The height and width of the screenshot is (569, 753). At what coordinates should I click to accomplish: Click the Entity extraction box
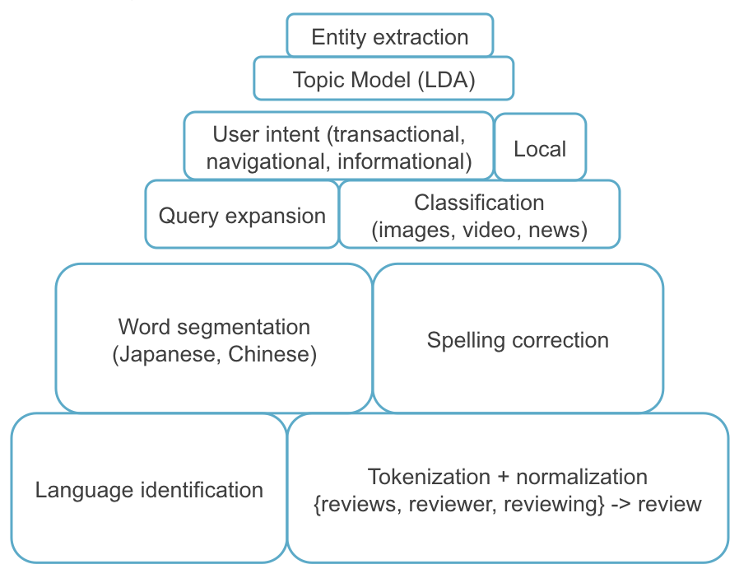pos(389,37)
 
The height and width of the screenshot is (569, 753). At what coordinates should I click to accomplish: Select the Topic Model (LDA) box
pos(383,80)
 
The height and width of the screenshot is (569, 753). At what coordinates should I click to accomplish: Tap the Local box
pos(540,149)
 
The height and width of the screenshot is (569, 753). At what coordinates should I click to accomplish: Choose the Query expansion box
pos(242,216)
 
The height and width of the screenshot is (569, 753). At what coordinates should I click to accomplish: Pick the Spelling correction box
pos(518,340)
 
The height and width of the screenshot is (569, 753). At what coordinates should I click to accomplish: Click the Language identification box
pos(149,491)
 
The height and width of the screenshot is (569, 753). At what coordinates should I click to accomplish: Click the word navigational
pos(267,162)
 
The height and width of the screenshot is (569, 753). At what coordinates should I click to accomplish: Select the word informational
pos(404,162)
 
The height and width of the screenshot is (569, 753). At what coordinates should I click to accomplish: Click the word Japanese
pos(169,355)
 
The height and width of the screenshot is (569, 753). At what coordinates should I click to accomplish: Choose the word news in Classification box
pos(557,231)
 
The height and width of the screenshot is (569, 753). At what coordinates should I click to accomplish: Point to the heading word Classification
pos(479,203)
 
